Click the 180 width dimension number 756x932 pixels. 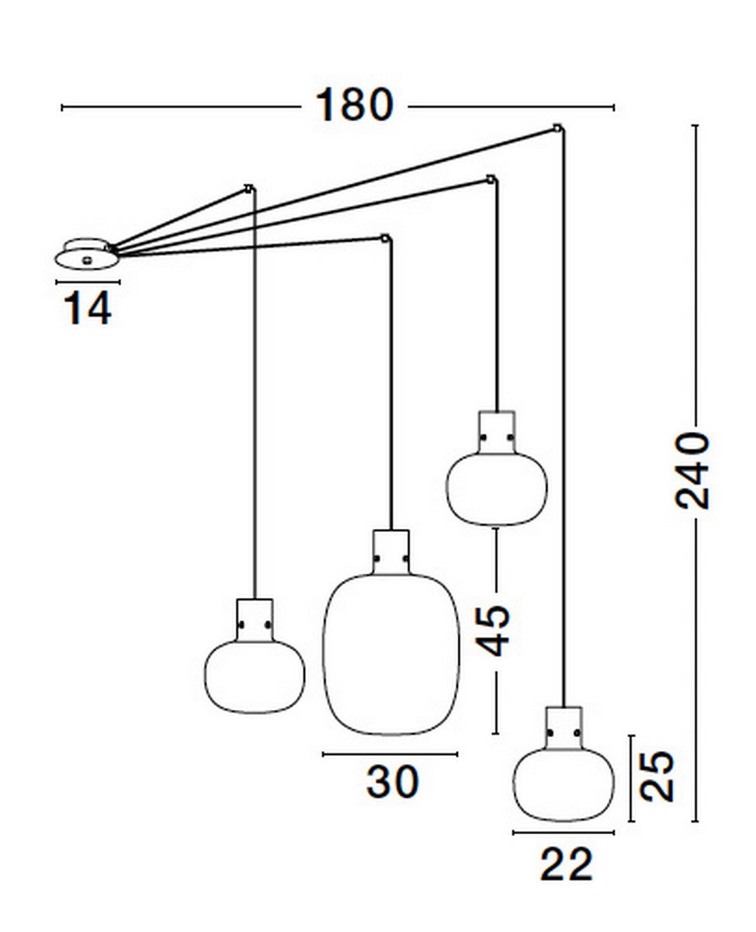point(354,105)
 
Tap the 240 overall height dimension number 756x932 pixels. point(692,471)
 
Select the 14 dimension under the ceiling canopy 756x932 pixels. point(88,308)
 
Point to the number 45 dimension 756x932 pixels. point(492,631)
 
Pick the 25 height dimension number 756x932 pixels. point(657,776)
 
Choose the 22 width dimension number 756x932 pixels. point(567,864)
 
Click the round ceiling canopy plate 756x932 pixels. point(87,255)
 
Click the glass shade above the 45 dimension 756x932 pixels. point(496,489)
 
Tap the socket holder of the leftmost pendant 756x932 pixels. point(255,620)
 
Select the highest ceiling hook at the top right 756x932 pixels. point(557,129)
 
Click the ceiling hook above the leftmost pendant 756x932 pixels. point(249,189)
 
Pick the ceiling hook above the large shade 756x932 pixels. point(385,239)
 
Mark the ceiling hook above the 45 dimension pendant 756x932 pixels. point(491,179)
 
